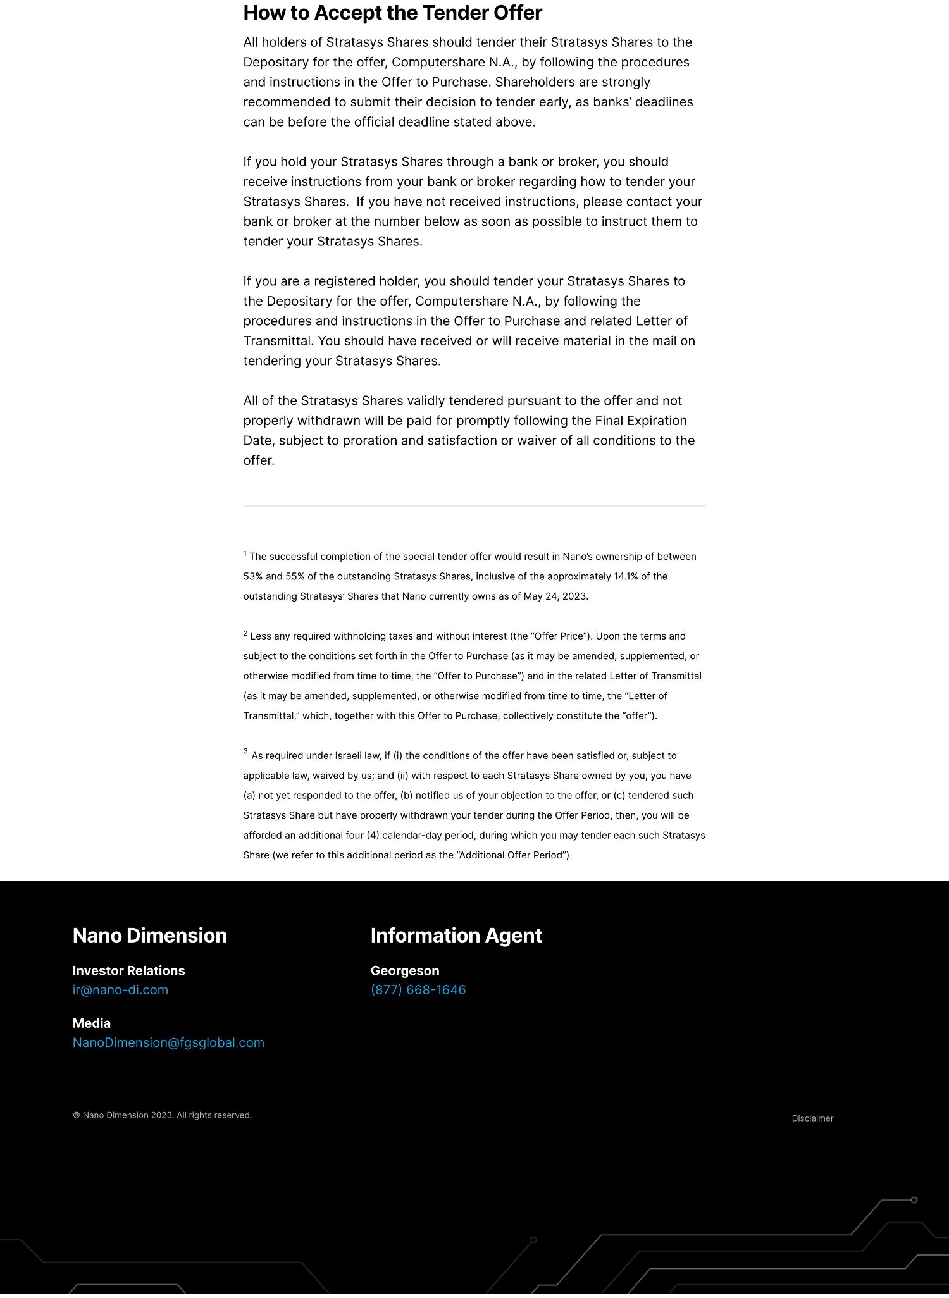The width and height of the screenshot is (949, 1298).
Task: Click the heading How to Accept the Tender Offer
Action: [392, 13]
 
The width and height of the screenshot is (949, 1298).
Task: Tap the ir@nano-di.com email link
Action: [120, 990]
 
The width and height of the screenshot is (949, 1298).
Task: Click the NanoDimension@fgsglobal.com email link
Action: [168, 1042]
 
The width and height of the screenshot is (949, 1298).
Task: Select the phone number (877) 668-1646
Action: [418, 990]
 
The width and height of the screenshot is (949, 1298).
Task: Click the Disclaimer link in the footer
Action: [812, 1118]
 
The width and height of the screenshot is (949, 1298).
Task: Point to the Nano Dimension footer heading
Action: [149, 936]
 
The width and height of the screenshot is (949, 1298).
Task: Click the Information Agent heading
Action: [456, 936]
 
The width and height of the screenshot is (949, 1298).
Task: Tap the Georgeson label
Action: [405, 971]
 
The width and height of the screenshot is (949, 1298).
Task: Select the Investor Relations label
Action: [128, 971]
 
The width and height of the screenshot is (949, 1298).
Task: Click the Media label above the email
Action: [92, 1023]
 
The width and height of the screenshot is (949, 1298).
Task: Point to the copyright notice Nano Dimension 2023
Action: [163, 1115]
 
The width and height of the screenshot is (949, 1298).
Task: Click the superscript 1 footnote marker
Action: [245, 553]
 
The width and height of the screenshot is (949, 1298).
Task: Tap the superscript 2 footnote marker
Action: [245, 633]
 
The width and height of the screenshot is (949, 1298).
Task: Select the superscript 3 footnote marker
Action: [245, 751]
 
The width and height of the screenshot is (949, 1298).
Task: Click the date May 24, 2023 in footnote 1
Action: [555, 596]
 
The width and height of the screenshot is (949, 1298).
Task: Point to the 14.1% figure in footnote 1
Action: [626, 576]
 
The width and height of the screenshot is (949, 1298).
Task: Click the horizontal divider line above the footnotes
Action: [474, 506]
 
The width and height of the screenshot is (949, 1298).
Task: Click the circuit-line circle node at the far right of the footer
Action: [914, 1200]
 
